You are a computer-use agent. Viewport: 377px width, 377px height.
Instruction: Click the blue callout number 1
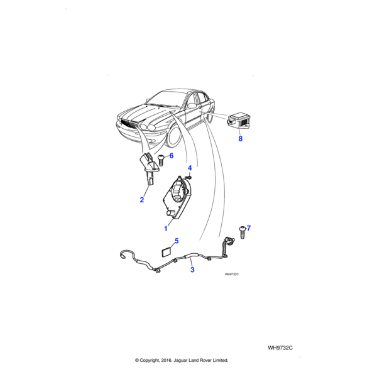click(166, 229)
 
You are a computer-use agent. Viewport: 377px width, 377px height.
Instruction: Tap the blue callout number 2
click(142, 200)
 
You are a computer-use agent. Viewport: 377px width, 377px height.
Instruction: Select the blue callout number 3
click(192, 270)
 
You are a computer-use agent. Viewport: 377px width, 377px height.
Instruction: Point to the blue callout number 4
click(190, 168)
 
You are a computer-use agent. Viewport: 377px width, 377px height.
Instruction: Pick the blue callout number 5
click(177, 241)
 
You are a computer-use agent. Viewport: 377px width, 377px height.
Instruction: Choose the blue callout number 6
click(172, 156)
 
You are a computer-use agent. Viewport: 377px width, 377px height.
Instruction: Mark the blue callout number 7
click(249, 228)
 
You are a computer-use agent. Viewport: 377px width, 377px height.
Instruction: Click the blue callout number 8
click(241, 138)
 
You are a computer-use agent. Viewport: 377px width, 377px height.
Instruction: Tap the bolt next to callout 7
click(242, 232)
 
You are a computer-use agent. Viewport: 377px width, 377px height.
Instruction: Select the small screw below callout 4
click(189, 178)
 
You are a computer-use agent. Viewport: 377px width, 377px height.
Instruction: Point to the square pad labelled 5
click(166, 253)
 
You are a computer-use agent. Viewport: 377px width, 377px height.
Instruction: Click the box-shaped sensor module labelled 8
click(239, 121)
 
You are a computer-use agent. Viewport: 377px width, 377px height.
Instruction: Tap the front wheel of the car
click(175, 138)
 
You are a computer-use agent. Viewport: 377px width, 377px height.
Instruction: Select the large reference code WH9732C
click(280, 348)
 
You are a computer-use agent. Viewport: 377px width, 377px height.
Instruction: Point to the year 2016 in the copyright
click(166, 360)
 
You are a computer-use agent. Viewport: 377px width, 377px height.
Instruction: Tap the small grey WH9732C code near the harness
click(232, 275)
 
